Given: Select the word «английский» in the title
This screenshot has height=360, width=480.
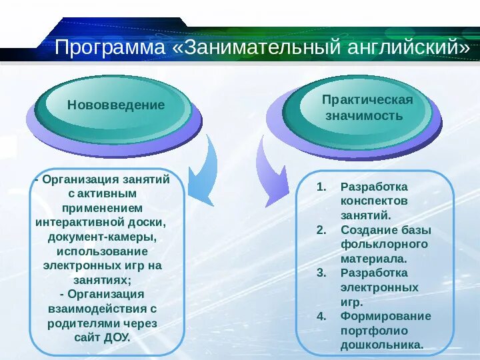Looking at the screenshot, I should coord(398,48).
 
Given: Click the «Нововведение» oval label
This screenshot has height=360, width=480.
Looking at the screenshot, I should coord(116,105).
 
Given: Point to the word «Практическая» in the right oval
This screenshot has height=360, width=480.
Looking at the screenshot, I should coord(367,100).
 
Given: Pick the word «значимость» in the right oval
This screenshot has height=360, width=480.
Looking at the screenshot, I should coord(364,116).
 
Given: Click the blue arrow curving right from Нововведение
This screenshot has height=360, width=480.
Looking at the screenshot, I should coord(205,170).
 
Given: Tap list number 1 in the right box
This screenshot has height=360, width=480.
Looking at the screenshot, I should coord(321,187).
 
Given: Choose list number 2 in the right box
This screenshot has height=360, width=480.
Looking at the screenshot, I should coord(321,230).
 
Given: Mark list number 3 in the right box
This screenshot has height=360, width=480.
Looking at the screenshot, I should coord(321,273).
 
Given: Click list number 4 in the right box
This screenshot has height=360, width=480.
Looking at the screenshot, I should coord(321,316).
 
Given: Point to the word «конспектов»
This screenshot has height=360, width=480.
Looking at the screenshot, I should coord(374,201).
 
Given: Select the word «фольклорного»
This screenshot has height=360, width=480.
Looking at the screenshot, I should coord(384,244).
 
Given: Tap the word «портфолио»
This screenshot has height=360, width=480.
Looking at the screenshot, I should coord(374,331).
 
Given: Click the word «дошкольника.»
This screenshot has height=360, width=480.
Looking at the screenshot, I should coord(382,345).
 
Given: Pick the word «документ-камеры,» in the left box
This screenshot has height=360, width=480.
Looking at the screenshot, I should coord(102,237).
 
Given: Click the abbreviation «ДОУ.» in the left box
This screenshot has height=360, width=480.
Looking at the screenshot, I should coord(117,337).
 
